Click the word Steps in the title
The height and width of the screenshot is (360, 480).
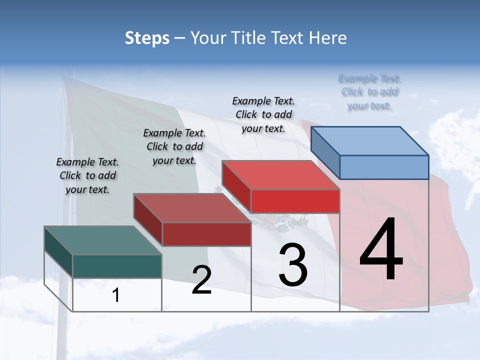pos(146,38)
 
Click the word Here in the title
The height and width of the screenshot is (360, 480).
pos(327,38)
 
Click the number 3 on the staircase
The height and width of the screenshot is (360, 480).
pos(293,265)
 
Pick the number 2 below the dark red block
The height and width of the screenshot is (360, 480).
pos(201,280)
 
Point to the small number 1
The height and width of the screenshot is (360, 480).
pos(116,295)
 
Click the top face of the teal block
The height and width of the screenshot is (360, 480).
pos(103,240)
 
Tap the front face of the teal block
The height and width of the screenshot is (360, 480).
pos(117,266)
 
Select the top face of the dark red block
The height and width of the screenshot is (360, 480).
pos(192,208)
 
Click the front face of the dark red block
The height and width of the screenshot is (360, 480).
pos(206,234)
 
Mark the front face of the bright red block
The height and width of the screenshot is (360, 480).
pos(295,201)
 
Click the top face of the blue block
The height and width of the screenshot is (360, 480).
pos(370,140)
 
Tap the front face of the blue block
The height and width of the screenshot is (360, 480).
pos(384,167)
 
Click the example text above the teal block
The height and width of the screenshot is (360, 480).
pos(87,175)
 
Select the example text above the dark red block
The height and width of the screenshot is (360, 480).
pos(174,146)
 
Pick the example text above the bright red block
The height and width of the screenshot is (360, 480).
pos(263,114)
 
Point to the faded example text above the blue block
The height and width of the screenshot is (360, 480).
pos(370,92)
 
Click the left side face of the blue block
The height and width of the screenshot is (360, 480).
pos(325,153)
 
